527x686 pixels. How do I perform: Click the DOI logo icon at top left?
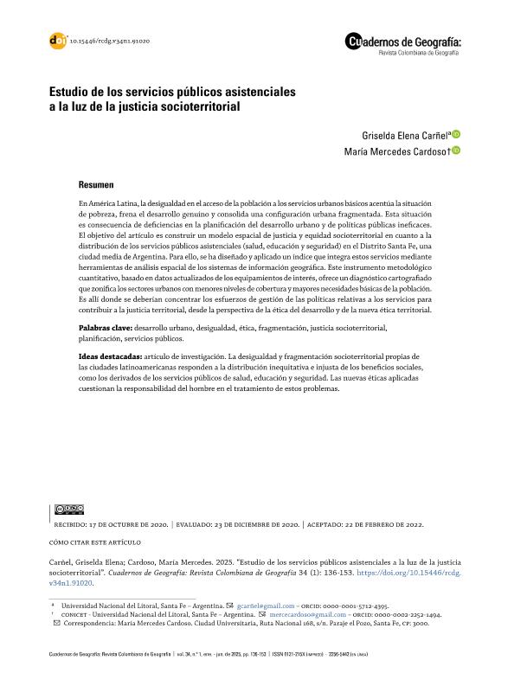(58, 41)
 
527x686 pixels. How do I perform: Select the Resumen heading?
(95, 185)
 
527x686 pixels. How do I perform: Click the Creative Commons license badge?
(68, 509)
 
